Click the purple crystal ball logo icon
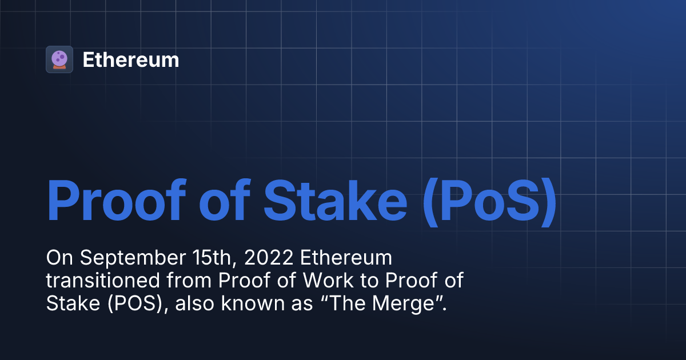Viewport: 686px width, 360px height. (x=59, y=59)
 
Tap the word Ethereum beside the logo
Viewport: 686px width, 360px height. (x=130, y=60)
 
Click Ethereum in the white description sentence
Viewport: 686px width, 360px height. (x=346, y=258)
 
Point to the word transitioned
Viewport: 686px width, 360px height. (x=95, y=281)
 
